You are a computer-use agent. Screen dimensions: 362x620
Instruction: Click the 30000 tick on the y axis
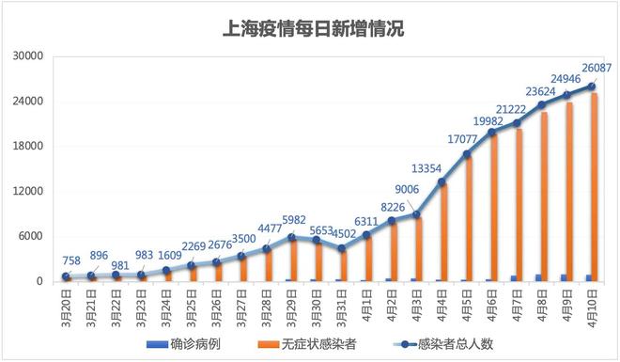coord(27,56)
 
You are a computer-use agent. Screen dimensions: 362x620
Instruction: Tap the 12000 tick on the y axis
coord(27,192)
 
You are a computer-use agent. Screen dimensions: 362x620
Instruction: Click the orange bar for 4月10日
coord(595,188)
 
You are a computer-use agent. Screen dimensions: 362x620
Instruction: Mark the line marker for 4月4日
coord(442,181)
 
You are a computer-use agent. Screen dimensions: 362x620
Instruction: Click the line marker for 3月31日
coord(342,248)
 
